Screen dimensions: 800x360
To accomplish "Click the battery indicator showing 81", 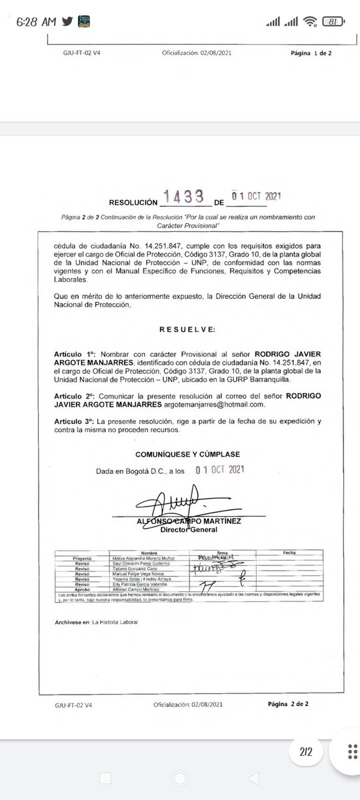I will tap(331, 22).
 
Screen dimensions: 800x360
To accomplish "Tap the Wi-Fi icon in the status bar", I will tap(309, 22).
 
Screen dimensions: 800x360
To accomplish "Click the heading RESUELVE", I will tap(187, 329).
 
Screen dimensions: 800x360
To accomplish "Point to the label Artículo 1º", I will tap(77, 351).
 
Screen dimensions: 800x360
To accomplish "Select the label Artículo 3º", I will tap(77, 422).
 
